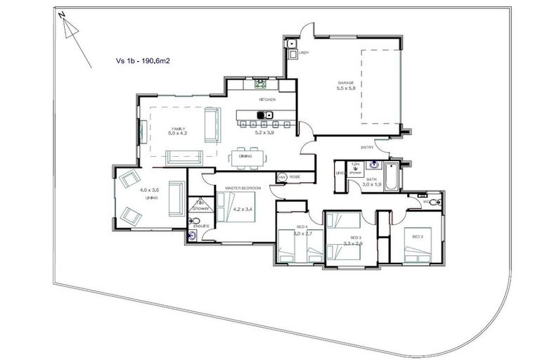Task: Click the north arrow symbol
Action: click(69, 29)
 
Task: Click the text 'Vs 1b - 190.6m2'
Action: click(145, 61)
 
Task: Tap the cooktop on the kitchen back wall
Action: click(260, 83)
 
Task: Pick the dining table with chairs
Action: click(246, 156)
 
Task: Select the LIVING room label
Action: click(150, 198)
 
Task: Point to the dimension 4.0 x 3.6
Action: click(150, 191)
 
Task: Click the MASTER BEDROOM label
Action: click(243, 188)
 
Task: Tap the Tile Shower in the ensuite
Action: click(200, 206)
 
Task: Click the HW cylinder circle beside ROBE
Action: click(282, 178)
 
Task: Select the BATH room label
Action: click(372, 180)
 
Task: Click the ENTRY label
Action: click(366, 147)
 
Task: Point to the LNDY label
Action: click(304, 53)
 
